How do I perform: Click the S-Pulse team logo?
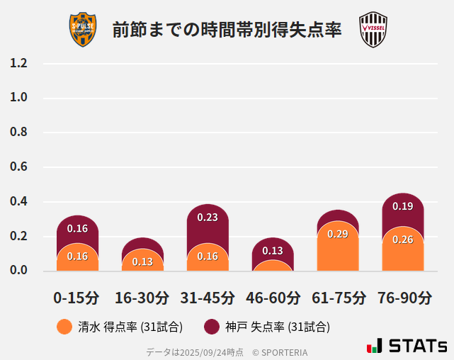click(82, 30)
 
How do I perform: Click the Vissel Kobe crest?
click(373, 30)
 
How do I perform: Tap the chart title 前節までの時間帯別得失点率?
click(227, 30)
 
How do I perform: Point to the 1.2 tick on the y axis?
click(19, 63)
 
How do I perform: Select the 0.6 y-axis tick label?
click(19, 167)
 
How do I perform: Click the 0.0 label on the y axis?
click(19, 270)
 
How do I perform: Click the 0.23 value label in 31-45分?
click(208, 218)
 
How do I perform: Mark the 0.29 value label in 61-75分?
click(338, 234)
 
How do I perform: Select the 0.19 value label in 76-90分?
click(403, 206)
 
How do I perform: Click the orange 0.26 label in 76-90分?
click(403, 240)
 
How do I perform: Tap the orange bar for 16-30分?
click(142, 261)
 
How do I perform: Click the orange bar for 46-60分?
click(273, 266)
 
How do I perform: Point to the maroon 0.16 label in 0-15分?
click(77, 228)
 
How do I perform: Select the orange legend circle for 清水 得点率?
click(64, 327)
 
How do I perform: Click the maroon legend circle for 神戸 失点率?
click(211, 327)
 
